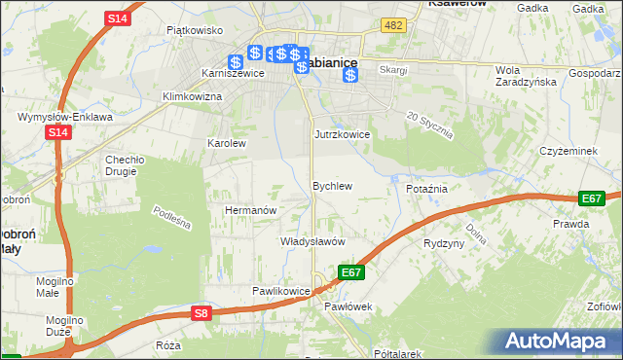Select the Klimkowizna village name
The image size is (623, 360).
click(193, 96)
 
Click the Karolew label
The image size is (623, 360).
click(227, 142)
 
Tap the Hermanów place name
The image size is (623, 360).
click(252, 209)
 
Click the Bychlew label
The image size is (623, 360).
click(331, 185)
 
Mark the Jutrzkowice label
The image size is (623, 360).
click(341, 134)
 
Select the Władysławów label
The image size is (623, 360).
click(313, 240)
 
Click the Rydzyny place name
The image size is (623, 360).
click(444, 243)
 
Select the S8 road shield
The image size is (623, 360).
click(201, 312)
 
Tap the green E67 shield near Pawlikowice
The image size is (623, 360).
click(351, 272)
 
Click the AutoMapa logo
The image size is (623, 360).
click(558, 341)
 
